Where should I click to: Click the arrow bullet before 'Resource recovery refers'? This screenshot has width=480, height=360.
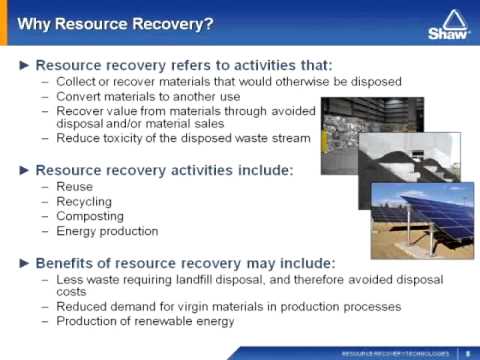(x=26, y=64)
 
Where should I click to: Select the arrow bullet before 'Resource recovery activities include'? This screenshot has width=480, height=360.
(x=26, y=170)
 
